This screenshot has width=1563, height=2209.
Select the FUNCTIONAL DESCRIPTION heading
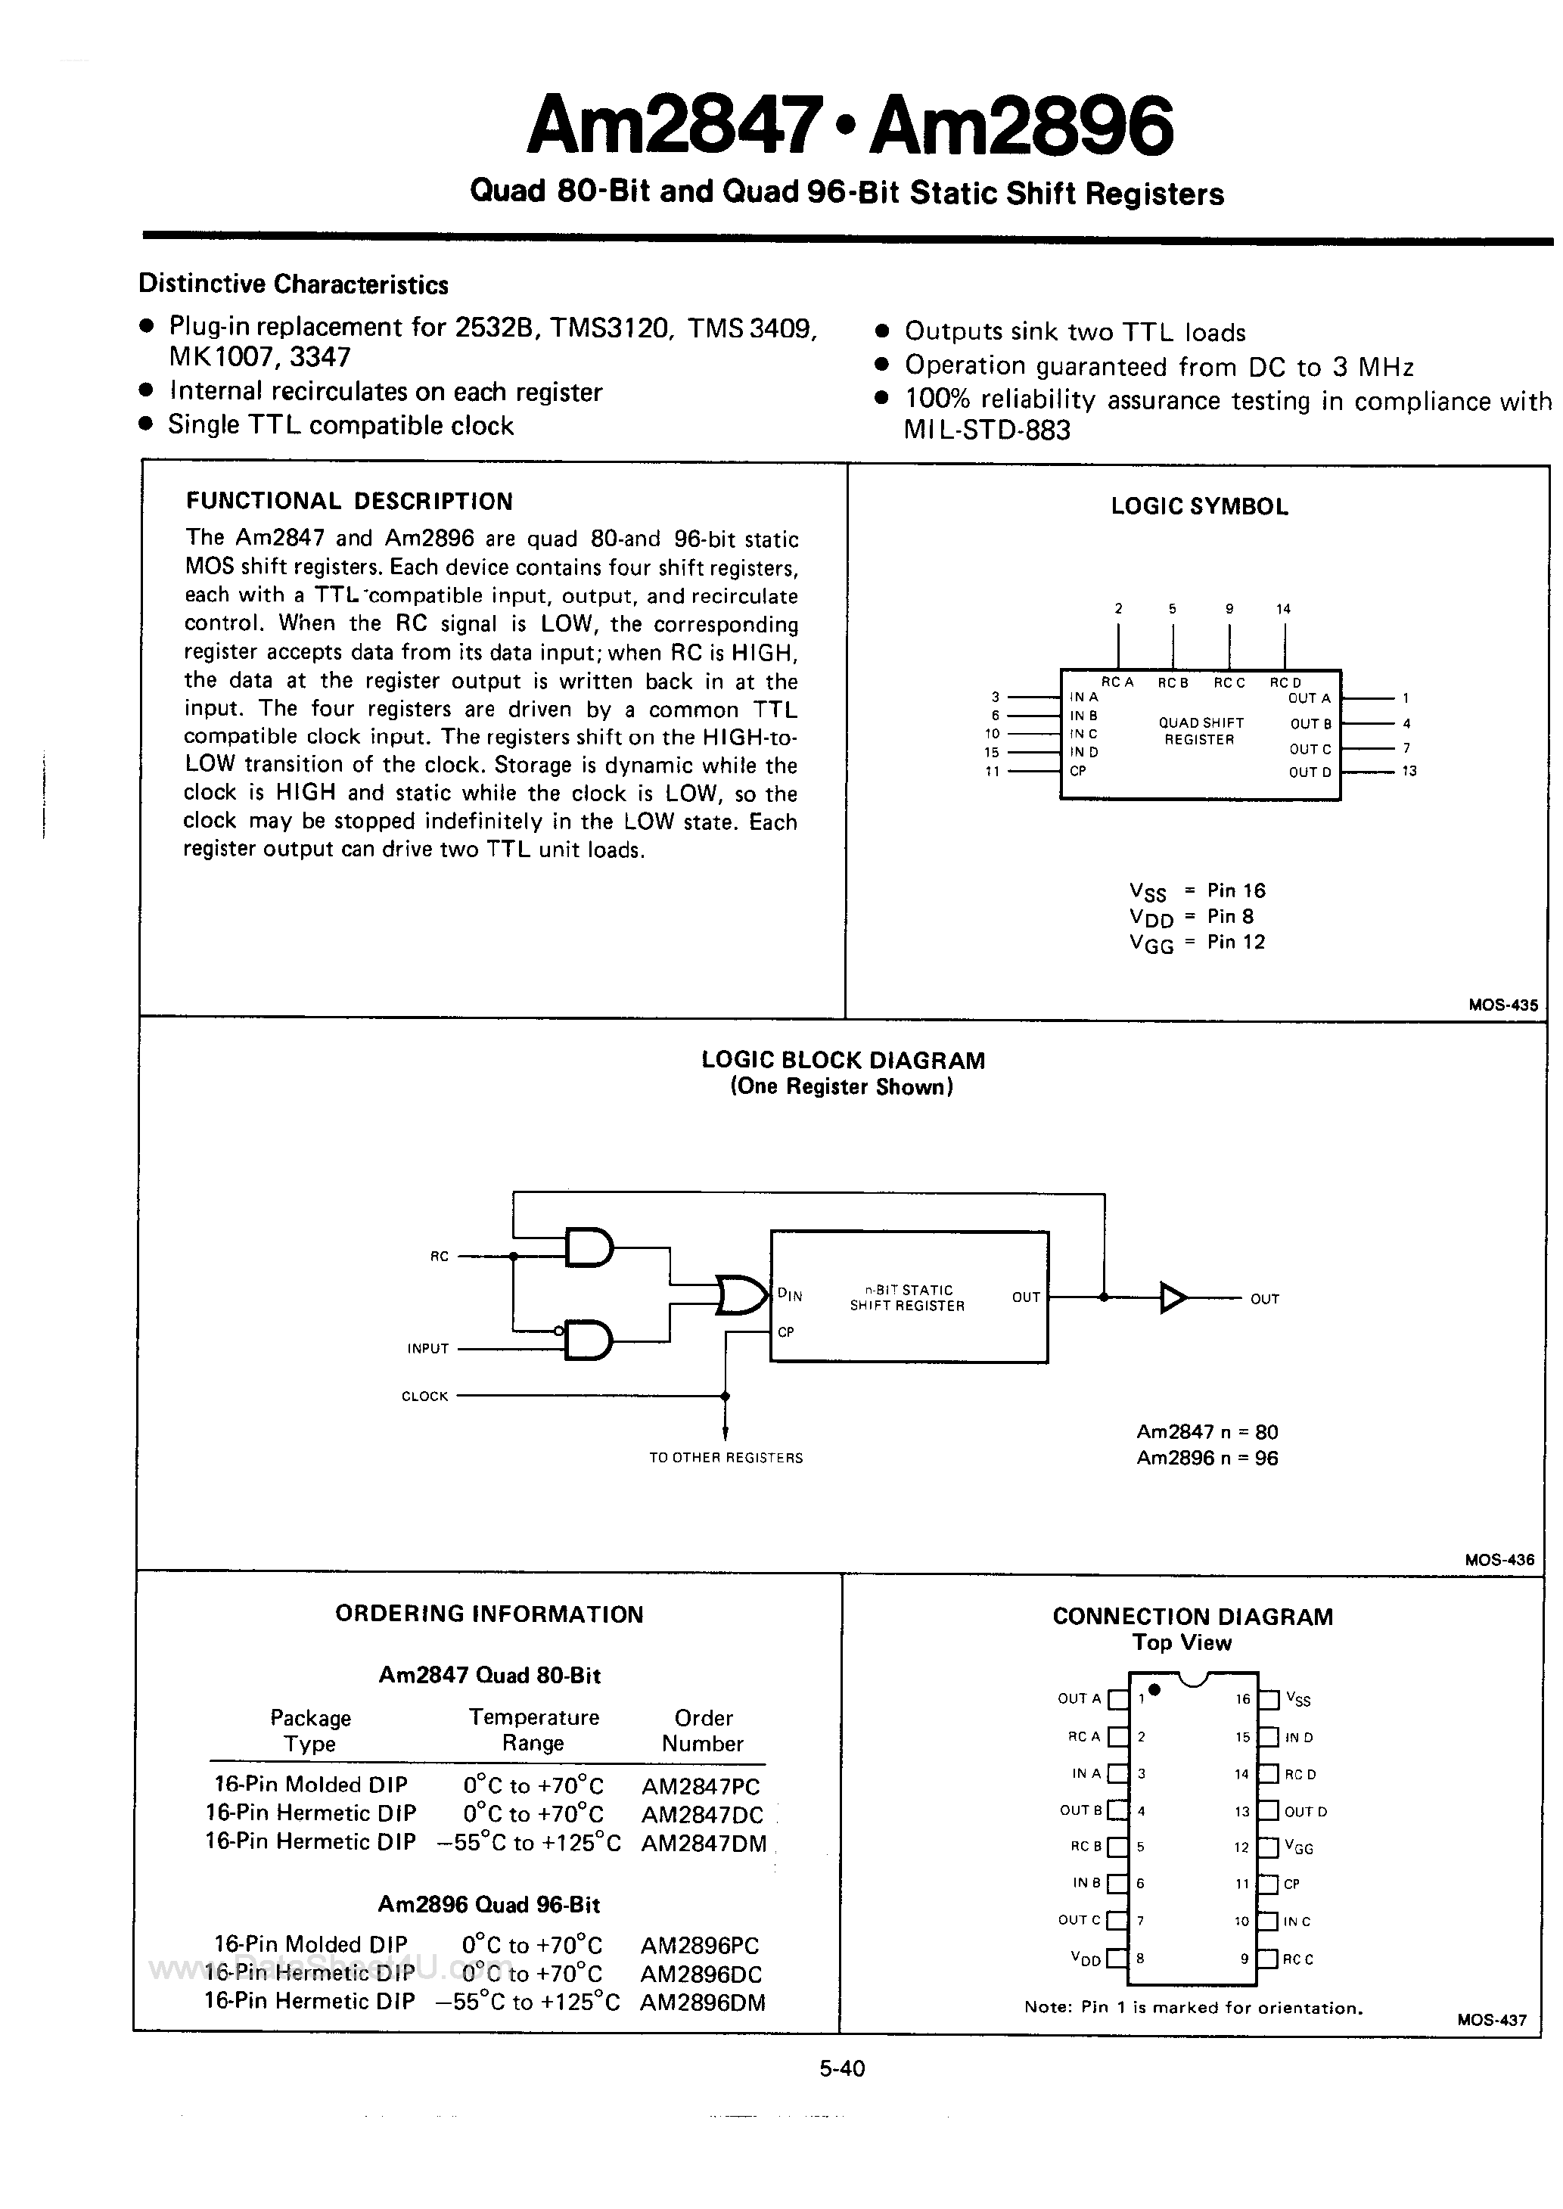[x=350, y=502]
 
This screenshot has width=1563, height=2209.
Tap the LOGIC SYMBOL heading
[x=1199, y=507]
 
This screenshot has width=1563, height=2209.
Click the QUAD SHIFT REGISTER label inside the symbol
[x=1200, y=732]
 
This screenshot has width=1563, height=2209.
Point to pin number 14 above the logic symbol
[x=1284, y=609]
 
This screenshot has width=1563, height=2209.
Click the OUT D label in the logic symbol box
[x=1310, y=772]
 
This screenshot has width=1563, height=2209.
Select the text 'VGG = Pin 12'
[x=1198, y=943]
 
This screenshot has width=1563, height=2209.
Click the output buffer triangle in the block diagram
[x=1173, y=1298]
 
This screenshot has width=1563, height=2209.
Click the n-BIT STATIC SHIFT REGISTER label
[x=906, y=1298]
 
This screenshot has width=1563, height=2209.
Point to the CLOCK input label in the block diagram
[x=424, y=1396]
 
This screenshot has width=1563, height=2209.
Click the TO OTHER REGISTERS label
[x=726, y=1458]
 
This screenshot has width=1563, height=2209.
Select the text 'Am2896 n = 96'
[x=1207, y=1458]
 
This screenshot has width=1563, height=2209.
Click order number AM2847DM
[x=704, y=1844]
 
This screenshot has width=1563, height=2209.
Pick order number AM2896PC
[x=701, y=1946]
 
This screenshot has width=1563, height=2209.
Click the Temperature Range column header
[x=533, y=1731]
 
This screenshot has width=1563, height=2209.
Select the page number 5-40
[x=842, y=2068]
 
